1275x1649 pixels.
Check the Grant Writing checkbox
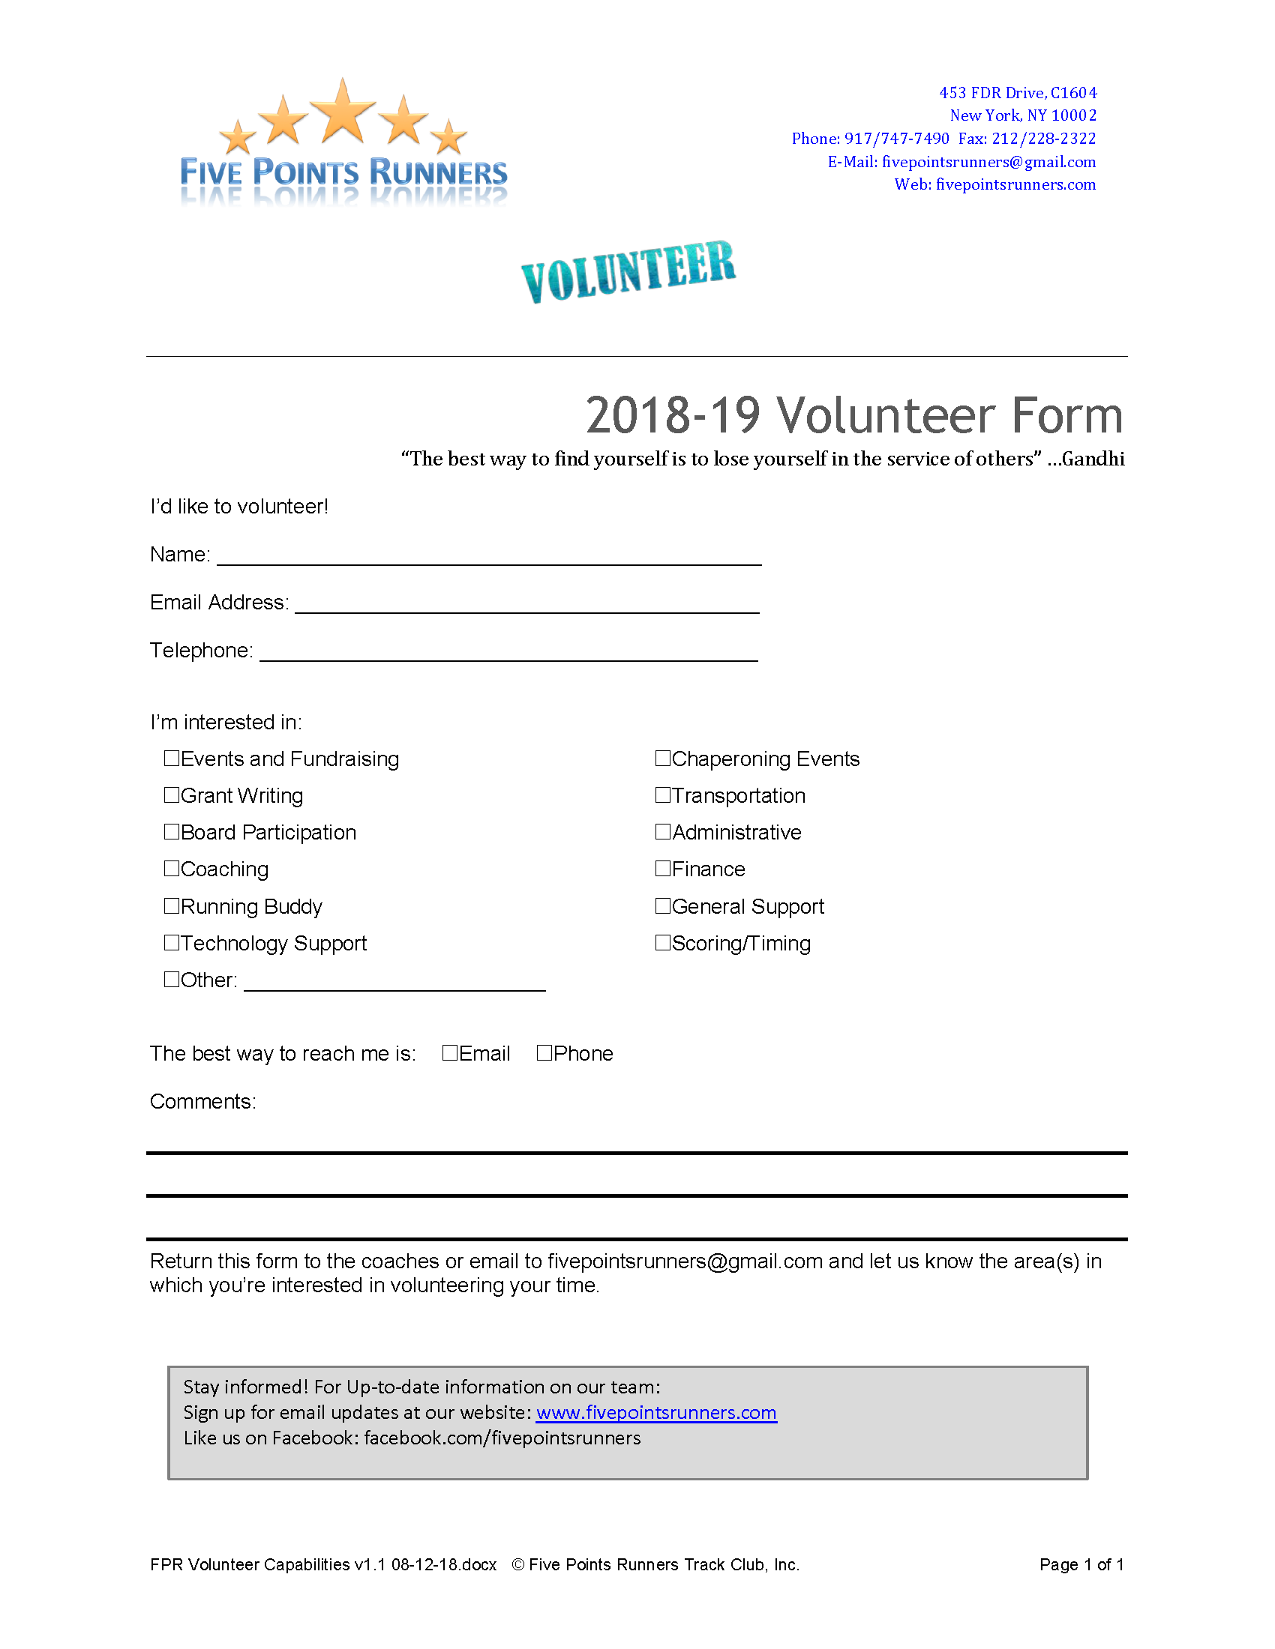tap(172, 795)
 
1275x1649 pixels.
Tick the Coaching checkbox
tap(172, 868)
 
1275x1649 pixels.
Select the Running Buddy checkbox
tap(172, 905)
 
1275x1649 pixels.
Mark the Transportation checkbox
tap(662, 795)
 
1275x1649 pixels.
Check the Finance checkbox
tap(662, 868)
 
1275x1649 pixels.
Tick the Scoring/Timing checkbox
tap(662, 942)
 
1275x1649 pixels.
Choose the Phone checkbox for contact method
tap(544, 1052)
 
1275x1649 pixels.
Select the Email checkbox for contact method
tap(449, 1052)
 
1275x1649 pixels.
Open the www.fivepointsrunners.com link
tap(655, 1412)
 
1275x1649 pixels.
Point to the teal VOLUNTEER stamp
tap(628, 272)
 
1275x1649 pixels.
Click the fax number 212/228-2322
tap(1043, 138)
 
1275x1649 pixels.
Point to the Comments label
tap(202, 1102)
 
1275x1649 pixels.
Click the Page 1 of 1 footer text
tap(1081, 1564)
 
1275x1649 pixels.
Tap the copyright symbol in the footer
tap(517, 1564)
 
